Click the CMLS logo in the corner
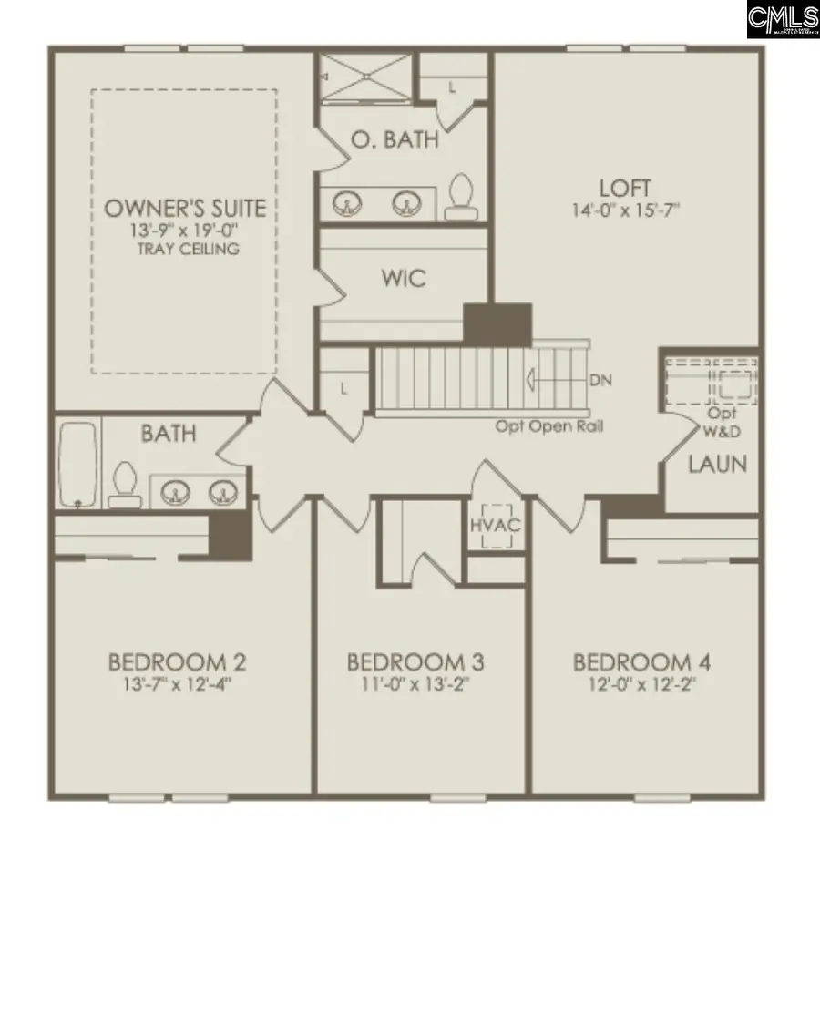click(x=783, y=20)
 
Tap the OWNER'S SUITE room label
click(x=185, y=208)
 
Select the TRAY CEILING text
click(x=185, y=249)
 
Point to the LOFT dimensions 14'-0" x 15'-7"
click(x=625, y=210)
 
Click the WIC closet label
click(x=405, y=278)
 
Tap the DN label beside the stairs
click(x=600, y=379)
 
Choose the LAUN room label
click(x=717, y=464)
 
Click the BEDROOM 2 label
click(x=177, y=661)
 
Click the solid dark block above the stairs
click(x=497, y=324)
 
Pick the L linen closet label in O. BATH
click(x=453, y=87)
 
